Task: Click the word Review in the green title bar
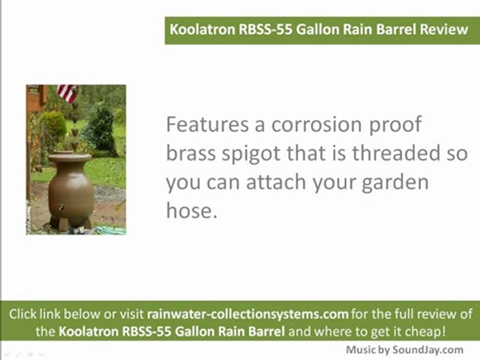[443, 28]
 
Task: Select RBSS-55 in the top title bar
[264, 28]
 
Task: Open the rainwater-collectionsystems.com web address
[247, 314]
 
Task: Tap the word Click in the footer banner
[22, 314]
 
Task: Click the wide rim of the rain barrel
[70, 158]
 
